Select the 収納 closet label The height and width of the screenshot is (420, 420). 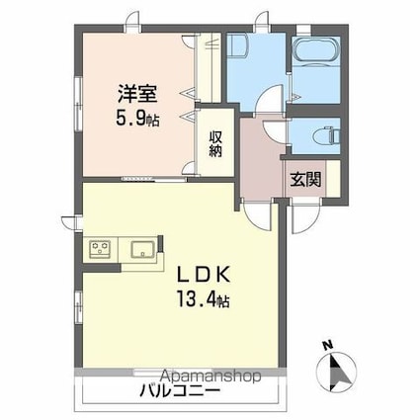pyautogui.click(x=215, y=144)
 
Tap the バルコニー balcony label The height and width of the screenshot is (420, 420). pyautogui.click(x=178, y=392)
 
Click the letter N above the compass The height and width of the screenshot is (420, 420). pyautogui.click(x=327, y=344)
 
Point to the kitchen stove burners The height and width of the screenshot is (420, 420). pyautogui.click(x=101, y=248)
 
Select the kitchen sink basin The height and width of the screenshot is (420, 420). pyautogui.click(x=140, y=248)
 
